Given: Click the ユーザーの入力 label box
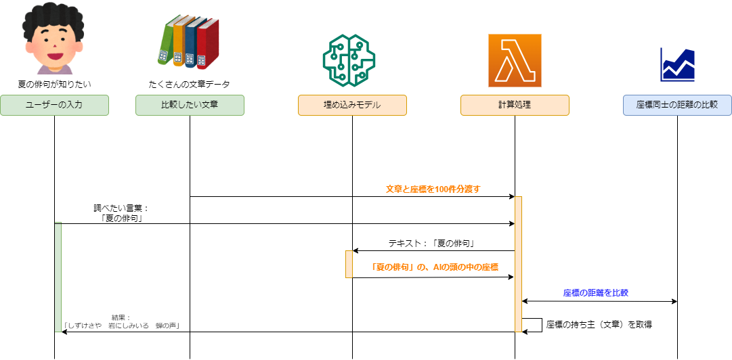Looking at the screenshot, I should click(x=54, y=105).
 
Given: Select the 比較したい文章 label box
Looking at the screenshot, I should click(x=190, y=105).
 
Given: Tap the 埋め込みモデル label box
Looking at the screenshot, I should click(x=352, y=105).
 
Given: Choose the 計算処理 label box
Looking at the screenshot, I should click(x=515, y=105).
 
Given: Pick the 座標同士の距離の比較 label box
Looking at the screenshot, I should click(x=677, y=105).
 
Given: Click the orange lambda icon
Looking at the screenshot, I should click(x=515, y=60).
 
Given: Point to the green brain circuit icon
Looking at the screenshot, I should click(x=348, y=60).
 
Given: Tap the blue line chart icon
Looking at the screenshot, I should click(x=678, y=65).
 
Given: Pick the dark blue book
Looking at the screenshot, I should click(x=192, y=45).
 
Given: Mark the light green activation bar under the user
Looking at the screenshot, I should click(x=58, y=277).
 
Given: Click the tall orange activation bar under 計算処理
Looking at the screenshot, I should click(x=518, y=264).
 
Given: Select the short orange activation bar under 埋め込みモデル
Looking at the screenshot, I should click(x=349, y=264).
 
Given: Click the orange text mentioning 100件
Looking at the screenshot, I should click(x=433, y=189).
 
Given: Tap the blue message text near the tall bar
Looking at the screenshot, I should click(x=595, y=293).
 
